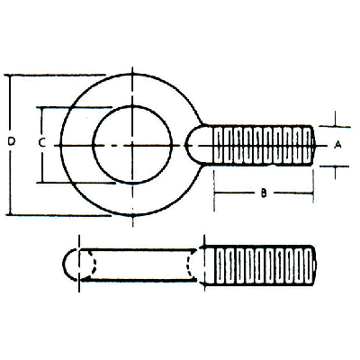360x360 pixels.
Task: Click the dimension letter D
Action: point(11,141)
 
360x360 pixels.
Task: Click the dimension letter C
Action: point(42,143)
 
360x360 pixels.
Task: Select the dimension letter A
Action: point(337,145)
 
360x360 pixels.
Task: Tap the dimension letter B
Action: point(264,193)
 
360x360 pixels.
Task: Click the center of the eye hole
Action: point(132,145)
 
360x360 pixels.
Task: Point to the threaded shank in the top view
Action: point(263,146)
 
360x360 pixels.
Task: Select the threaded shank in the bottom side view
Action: point(260,265)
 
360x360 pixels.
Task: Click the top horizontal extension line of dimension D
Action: point(55,75)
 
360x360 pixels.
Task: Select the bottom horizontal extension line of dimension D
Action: point(58,215)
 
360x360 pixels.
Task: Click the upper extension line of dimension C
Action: point(74,107)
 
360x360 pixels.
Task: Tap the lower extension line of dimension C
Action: point(76,183)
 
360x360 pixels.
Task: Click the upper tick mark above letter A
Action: point(335,119)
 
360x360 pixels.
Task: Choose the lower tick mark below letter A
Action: point(335,173)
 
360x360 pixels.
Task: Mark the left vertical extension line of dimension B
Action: point(214,191)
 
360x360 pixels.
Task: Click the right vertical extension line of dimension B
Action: point(313,187)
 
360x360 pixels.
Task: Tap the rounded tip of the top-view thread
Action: point(313,146)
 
